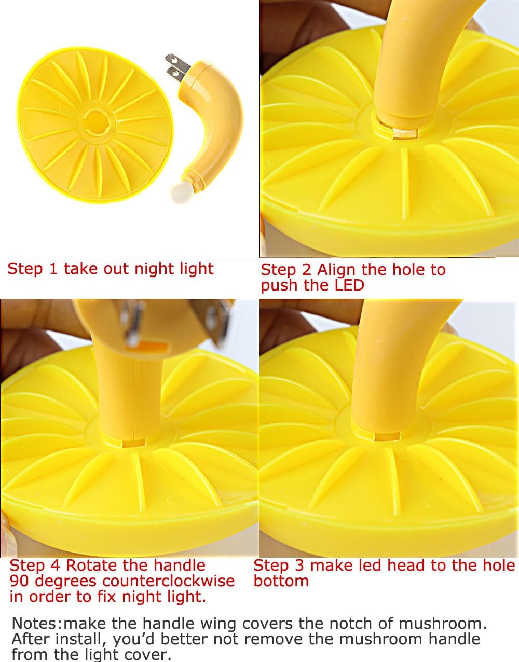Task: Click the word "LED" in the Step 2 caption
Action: coord(349,285)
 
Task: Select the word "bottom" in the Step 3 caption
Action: coord(281,581)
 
